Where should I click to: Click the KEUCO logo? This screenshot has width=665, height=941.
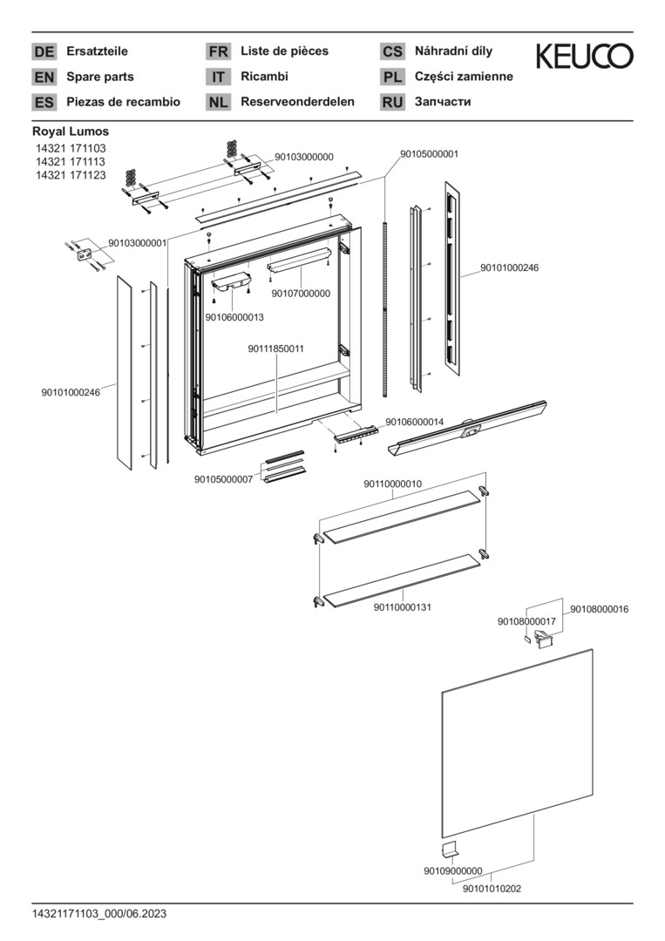point(584,58)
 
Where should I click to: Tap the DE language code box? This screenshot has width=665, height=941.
point(44,51)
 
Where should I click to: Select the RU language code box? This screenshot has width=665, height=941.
point(392,102)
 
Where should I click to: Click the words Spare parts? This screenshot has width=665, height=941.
point(100,77)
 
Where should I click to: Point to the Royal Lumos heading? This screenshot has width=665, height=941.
point(71,132)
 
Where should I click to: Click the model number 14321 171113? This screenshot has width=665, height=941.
point(71,162)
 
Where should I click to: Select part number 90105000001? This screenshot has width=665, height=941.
point(430,154)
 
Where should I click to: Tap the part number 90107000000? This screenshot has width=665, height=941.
point(301,294)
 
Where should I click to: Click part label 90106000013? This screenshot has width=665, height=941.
point(234,317)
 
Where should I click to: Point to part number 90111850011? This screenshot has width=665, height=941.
point(275,349)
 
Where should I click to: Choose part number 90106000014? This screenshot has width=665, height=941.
point(415,422)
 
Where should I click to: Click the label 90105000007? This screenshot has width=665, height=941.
point(223,479)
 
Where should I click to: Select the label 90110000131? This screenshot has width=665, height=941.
point(404,606)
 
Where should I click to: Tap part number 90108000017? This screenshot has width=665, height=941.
point(526,621)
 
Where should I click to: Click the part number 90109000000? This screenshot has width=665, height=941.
point(453,870)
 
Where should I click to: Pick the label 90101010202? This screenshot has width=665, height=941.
point(492,889)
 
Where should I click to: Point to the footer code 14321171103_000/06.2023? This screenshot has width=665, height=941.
point(99,914)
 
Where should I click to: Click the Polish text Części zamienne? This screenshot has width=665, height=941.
point(464,77)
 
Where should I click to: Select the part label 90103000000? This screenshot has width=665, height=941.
point(304,157)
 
